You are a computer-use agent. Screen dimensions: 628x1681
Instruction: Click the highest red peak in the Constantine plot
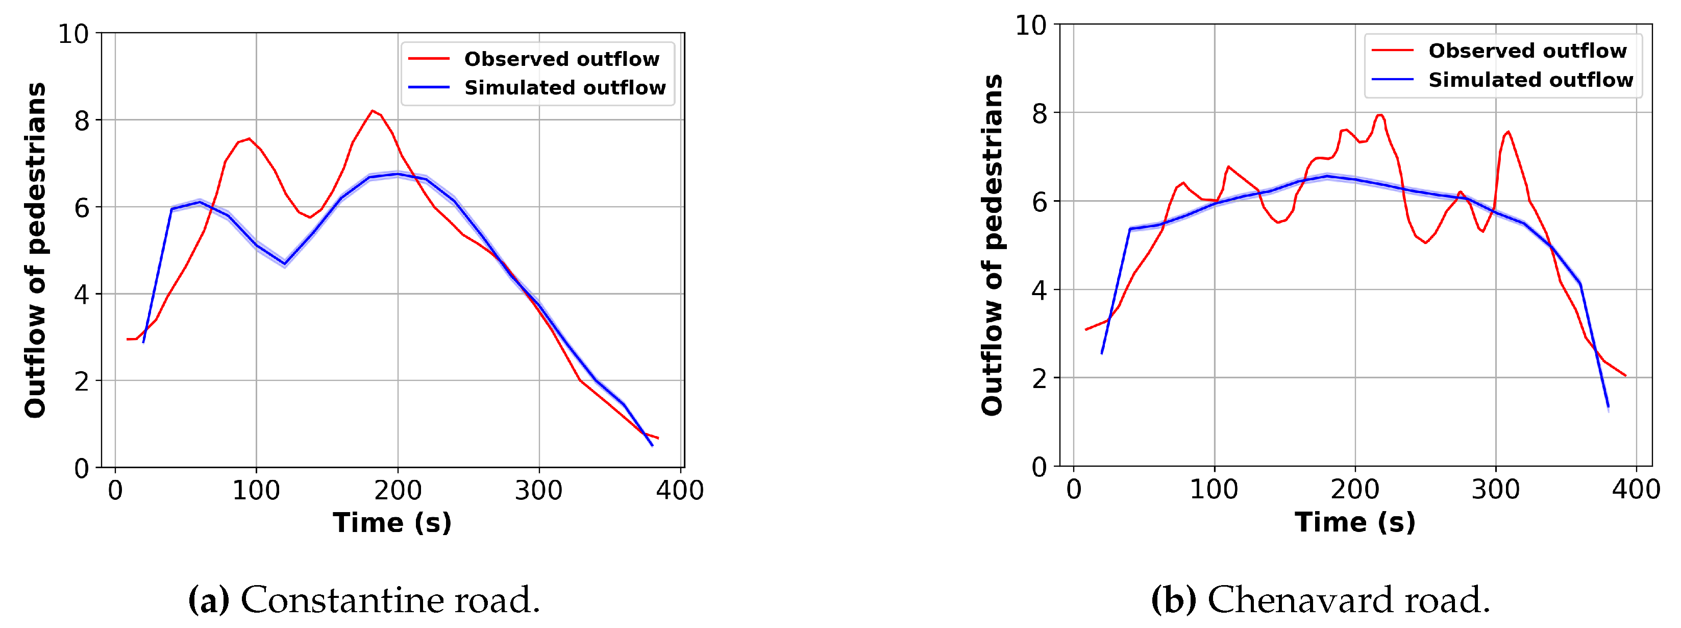tap(373, 111)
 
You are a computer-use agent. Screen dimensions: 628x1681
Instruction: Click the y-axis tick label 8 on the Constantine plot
tap(82, 121)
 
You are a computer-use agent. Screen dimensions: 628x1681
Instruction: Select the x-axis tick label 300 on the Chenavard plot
tap(1495, 489)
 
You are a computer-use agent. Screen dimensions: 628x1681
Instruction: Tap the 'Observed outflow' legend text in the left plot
tap(561, 59)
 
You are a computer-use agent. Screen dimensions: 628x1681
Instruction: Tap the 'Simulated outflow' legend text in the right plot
tap(1530, 80)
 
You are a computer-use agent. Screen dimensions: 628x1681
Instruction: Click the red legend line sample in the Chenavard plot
tap(1393, 50)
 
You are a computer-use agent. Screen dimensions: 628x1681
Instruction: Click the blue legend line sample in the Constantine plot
tap(429, 87)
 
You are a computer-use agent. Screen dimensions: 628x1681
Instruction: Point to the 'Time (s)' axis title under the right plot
tap(1355, 522)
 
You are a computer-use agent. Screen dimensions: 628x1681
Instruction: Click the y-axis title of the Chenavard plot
tap(992, 245)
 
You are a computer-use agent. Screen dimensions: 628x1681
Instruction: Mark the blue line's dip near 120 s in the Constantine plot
tap(285, 264)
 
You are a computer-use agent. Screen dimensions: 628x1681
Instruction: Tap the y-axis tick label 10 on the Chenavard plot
tap(1030, 26)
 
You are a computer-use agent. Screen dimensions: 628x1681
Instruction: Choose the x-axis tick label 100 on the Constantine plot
tap(256, 490)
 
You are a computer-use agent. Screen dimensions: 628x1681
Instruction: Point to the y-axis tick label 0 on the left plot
tap(82, 468)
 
